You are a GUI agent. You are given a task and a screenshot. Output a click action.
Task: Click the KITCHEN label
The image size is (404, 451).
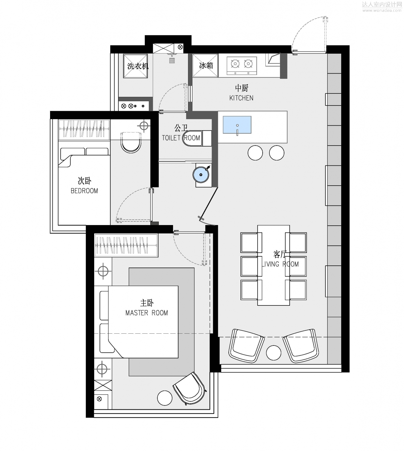[x=241, y=98]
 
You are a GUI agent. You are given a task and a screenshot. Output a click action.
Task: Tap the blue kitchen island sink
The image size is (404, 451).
[x=237, y=125]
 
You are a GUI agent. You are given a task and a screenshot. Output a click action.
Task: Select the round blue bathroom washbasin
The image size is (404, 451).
[x=201, y=175]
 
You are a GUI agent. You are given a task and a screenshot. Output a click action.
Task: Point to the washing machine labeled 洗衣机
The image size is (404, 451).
[x=135, y=66]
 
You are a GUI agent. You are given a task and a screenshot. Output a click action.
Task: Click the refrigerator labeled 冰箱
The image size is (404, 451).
[x=205, y=65]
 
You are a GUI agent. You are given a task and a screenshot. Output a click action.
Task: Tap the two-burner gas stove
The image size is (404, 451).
[x=242, y=66]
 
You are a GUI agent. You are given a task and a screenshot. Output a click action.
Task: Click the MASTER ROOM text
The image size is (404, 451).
[x=146, y=313]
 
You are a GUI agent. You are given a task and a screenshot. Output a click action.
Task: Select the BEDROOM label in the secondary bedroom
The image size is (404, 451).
[x=84, y=191]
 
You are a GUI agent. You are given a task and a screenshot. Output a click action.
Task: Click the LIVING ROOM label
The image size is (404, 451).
[x=280, y=264]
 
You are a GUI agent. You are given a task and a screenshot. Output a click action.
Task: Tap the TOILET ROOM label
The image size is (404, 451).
[x=181, y=138]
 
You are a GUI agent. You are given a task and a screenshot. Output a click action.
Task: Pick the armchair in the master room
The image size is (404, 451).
[x=190, y=388]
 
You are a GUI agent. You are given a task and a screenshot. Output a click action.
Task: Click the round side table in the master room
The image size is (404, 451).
[x=165, y=398]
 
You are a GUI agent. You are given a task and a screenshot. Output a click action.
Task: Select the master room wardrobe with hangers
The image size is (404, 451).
[x=126, y=246]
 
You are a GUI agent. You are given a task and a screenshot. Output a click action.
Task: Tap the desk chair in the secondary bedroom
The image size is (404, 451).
[x=131, y=143]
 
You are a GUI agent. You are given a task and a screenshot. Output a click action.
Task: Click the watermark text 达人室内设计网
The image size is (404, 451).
[x=382, y=4]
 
